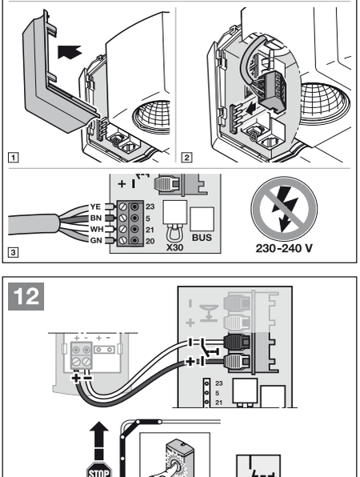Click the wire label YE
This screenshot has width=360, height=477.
[x=95, y=206]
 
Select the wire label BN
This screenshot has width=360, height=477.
[x=96, y=218]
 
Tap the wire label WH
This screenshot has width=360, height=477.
[x=97, y=229]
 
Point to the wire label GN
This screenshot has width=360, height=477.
[x=96, y=240]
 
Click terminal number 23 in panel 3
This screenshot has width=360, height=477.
[x=150, y=206]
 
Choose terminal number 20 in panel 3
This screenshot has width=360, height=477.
[x=150, y=241]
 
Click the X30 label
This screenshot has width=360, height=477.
[x=175, y=247]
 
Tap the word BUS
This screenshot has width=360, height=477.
[x=202, y=237]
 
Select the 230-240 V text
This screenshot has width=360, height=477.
[x=284, y=248]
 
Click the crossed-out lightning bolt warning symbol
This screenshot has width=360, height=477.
[x=284, y=210]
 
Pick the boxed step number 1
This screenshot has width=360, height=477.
[x=13, y=158]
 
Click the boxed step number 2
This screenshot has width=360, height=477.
[x=186, y=158]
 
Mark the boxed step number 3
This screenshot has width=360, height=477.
[x=13, y=252]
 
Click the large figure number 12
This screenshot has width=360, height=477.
[x=26, y=296]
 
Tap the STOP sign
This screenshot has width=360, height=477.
[x=99, y=470]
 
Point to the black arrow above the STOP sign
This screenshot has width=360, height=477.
[x=99, y=440]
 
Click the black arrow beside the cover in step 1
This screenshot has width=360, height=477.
[x=70, y=52]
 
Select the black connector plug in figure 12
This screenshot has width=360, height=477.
[x=237, y=342]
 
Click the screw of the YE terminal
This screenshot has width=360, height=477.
[x=122, y=206]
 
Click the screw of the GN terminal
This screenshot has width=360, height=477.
[x=122, y=240]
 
